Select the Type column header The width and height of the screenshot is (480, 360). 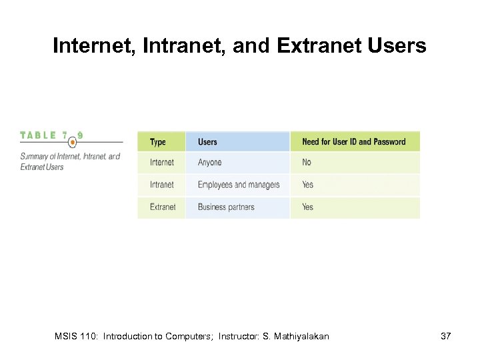(x=158, y=142)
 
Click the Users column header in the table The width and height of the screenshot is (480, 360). (x=207, y=142)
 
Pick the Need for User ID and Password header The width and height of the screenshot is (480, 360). (x=353, y=142)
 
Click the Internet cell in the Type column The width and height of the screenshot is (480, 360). (x=161, y=163)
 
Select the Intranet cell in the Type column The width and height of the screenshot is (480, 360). (x=161, y=185)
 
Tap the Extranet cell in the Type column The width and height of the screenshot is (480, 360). (x=163, y=207)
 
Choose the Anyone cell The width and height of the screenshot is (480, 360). (x=209, y=163)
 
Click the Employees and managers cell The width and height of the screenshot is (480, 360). (x=239, y=185)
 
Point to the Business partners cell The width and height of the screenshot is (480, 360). (x=226, y=207)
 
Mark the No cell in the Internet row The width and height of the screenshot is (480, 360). (x=307, y=163)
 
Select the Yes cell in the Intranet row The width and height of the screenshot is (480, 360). (x=307, y=185)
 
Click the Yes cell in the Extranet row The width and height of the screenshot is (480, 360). (x=307, y=207)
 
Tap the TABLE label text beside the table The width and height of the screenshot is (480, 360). (x=39, y=135)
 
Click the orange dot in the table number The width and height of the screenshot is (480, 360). (x=73, y=142)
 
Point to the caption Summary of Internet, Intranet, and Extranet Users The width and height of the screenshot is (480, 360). (x=70, y=161)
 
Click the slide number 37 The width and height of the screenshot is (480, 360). (x=446, y=337)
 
